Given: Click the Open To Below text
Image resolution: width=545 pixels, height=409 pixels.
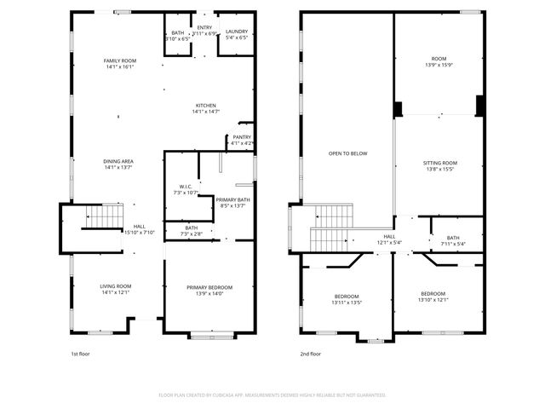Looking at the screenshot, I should tap(348, 153).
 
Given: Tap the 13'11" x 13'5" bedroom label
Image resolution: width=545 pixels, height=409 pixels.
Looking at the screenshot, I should tap(347, 299).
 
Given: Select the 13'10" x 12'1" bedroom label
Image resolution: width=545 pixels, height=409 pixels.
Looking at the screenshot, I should tap(433, 297).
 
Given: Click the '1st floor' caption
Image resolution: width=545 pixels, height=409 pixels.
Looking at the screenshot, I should tap(81, 354).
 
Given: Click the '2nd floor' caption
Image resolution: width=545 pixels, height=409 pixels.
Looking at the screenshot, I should tap(310, 354).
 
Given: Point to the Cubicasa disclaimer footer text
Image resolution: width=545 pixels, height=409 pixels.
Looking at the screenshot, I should tap(272, 395).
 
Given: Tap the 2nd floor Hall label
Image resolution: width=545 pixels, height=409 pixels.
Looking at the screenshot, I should tap(389, 239).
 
